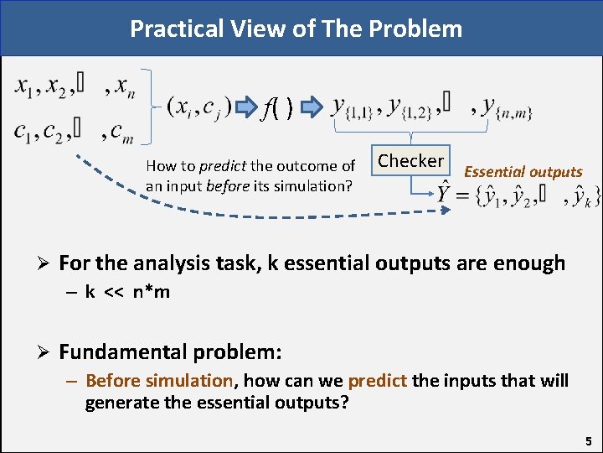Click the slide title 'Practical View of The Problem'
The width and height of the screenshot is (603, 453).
point(296,29)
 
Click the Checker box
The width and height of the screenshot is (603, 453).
point(410,160)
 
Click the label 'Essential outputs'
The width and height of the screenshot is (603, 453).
point(523,172)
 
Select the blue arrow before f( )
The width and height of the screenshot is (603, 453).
point(246,107)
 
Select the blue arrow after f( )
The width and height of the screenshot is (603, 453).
point(312,107)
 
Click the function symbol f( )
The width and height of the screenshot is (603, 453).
point(278,107)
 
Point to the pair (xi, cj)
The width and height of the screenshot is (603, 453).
point(199,107)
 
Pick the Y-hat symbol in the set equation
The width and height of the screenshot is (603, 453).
point(446,195)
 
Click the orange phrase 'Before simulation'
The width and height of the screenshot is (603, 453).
point(158,381)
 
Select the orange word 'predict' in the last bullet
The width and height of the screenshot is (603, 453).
point(377,381)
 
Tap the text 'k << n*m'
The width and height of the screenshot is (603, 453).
point(127,292)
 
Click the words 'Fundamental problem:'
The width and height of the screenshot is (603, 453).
point(170,349)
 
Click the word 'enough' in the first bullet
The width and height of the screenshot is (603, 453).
point(528,263)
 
